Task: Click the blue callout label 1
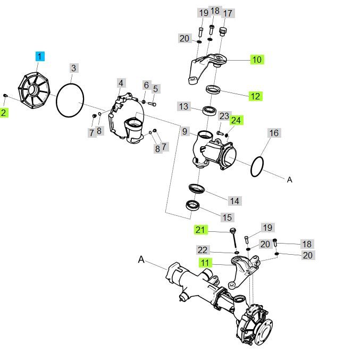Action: pyautogui.click(x=41, y=56)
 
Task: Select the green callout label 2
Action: pyautogui.click(x=4, y=112)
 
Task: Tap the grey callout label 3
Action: pyautogui.click(x=74, y=68)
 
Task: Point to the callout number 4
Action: pyautogui.click(x=121, y=83)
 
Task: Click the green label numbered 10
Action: pyautogui.click(x=257, y=60)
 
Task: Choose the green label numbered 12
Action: pyautogui.click(x=256, y=96)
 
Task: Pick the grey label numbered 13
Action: pyautogui.click(x=183, y=107)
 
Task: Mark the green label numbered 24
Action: pyautogui.click(x=236, y=121)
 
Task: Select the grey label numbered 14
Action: pyautogui.click(x=234, y=201)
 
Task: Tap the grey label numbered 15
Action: pyautogui.click(x=227, y=217)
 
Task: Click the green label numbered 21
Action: pyautogui.click(x=200, y=230)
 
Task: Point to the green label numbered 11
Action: pyautogui.click(x=205, y=263)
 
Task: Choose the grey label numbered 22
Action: pyautogui.click(x=203, y=250)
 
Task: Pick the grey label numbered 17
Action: pyautogui.click(x=228, y=13)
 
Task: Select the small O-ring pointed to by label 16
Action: pyautogui.click(x=257, y=166)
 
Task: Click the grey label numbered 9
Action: pyautogui.click(x=185, y=131)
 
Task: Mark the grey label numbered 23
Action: pyautogui.click(x=224, y=116)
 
